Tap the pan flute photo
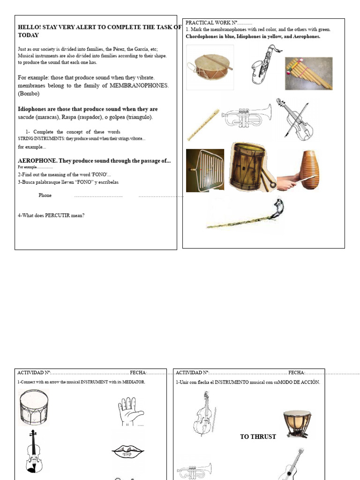309,74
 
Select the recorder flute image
203,125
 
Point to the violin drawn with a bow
294,119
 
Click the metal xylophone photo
205,170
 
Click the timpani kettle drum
297,424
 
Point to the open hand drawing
129,412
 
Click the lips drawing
127,451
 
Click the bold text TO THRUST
258,437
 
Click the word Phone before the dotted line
45,195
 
